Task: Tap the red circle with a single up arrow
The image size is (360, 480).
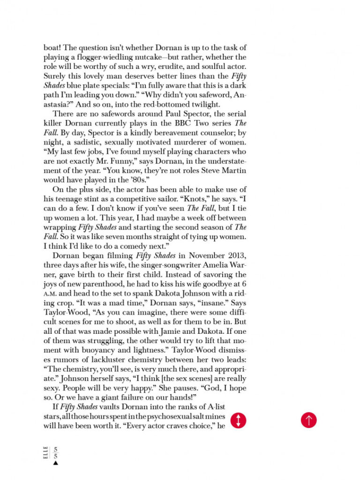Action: (x=308, y=420)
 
